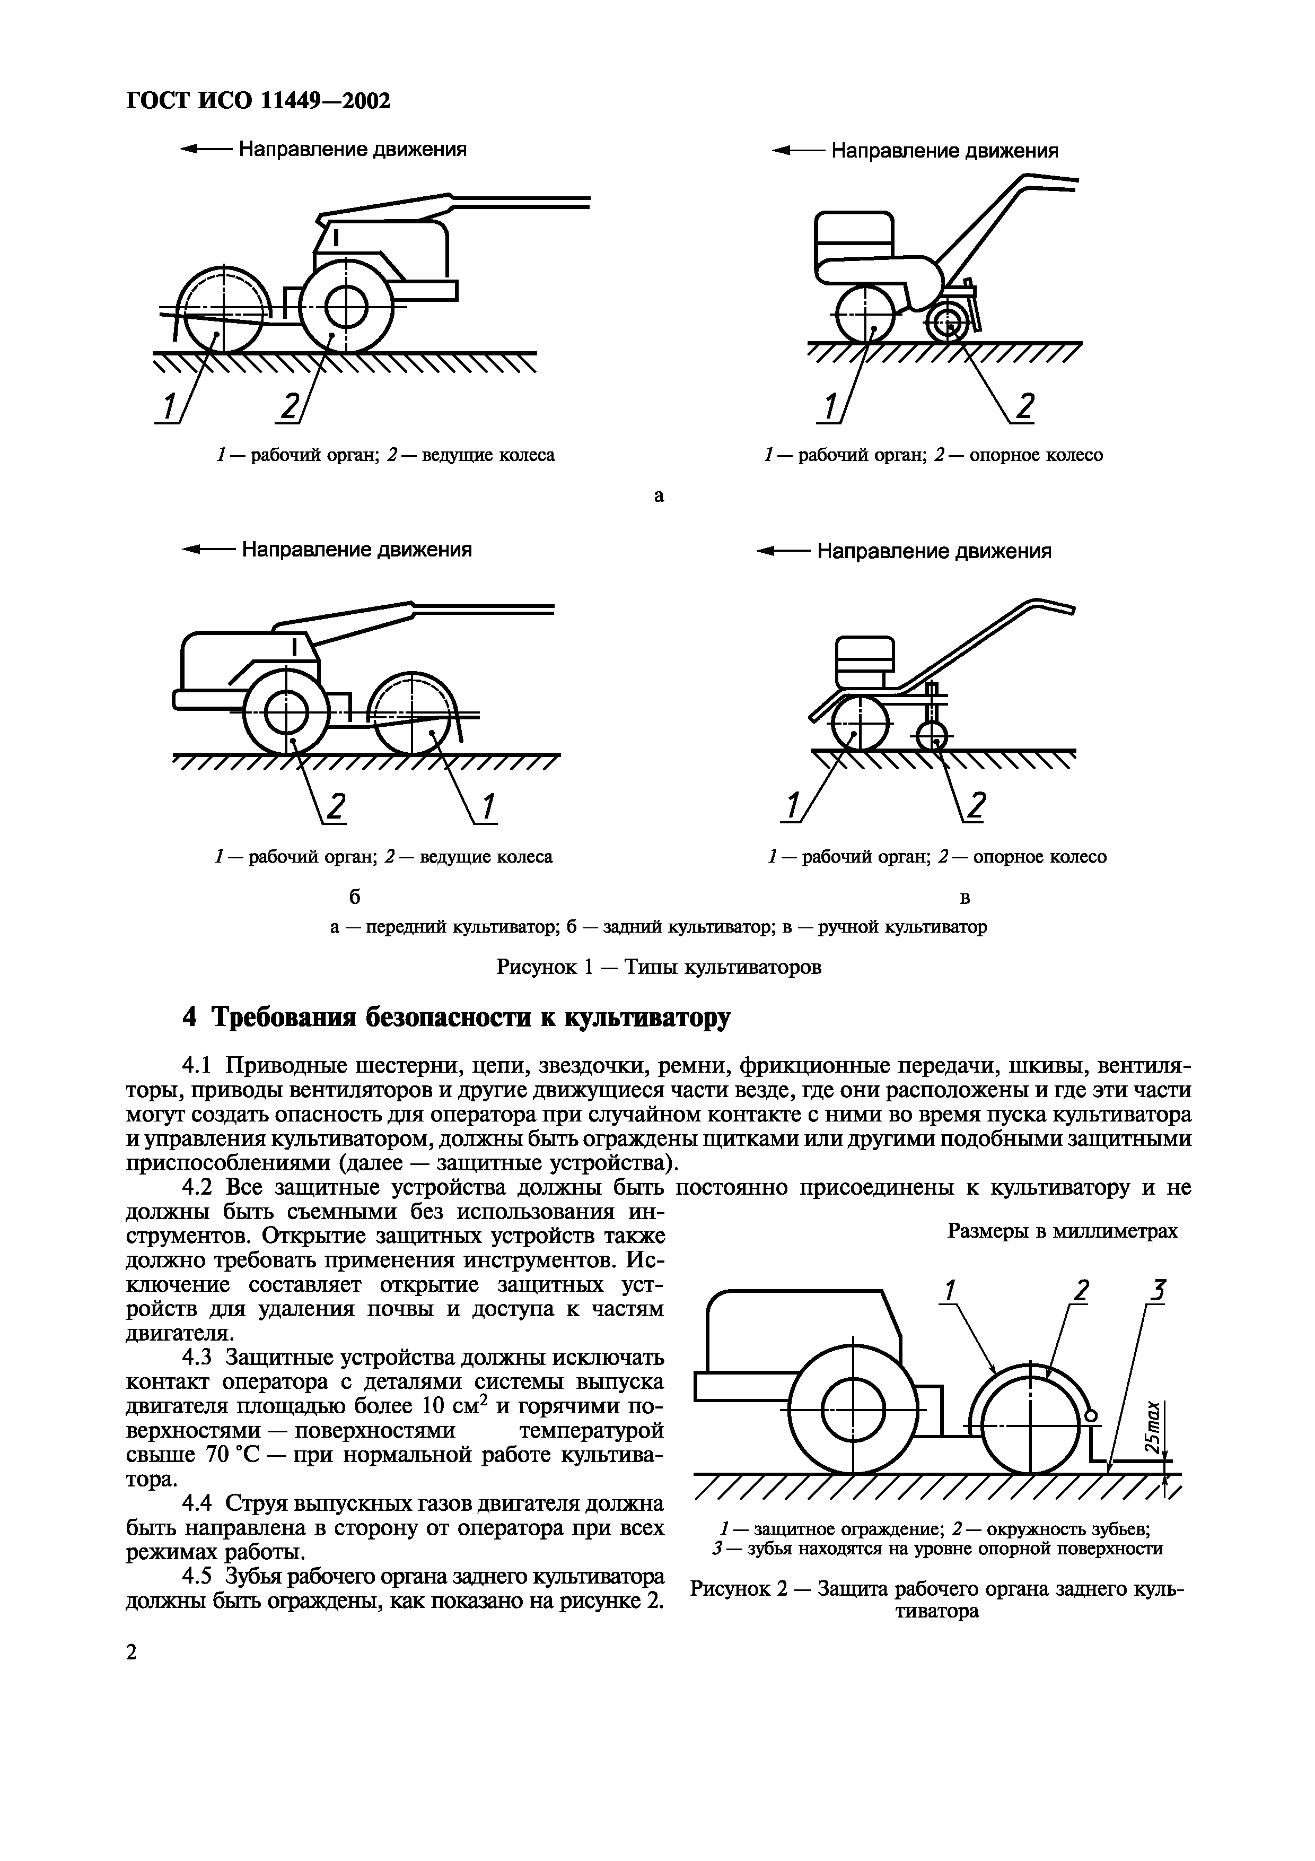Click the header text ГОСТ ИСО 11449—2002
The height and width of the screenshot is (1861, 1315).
258,100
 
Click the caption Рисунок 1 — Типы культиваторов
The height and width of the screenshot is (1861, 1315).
658,967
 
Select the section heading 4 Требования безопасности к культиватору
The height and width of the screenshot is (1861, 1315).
456,1018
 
